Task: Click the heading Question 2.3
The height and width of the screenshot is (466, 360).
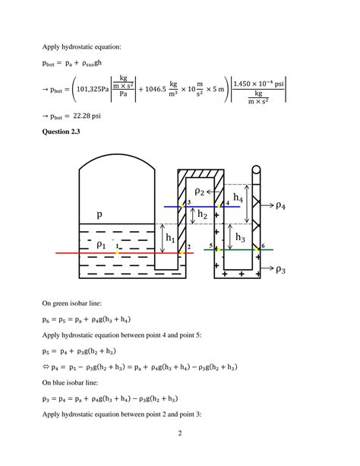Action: pyautogui.click(x=61, y=132)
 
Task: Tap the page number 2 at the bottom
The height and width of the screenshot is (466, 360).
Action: pyautogui.click(x=180, y=433)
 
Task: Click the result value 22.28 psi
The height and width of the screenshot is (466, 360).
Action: pyautogui.click(x=87, y=116)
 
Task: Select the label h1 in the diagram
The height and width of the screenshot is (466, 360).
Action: pyautogui.click(x=170, y=238)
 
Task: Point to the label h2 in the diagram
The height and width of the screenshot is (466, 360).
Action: pyautogui.click(x=202, y=214)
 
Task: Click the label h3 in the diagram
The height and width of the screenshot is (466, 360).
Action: pyautogui.click(x=240, y=237)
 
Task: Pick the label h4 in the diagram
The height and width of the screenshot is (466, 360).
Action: pyautogui.click(x=238, y=198)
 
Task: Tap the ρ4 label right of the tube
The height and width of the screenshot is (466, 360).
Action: pyautogui.click(x=281, y=205)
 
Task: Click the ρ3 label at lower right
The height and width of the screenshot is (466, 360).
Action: pyautogui.click(x=281, y=269)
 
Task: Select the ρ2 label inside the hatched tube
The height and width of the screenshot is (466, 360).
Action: pyautogui.click(x=199, y=192)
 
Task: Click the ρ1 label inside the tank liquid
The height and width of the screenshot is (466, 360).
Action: pyautogui.click(x=101, y=245)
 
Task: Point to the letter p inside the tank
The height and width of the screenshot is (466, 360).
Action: pyautogui.click(x=99, y=214)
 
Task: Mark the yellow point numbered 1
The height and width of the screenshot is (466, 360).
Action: pyautogui.click(x=117, y=252)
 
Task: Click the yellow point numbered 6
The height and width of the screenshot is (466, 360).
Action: pyautogui.click(x=257, y=249)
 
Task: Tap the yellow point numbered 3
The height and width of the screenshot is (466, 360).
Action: pyautogui.click(x=183, y=206)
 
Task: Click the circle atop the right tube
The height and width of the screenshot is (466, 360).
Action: pyautogui.click(x=256, y=170)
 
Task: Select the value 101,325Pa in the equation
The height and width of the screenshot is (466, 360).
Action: pyautogui.click(x=93, y=89)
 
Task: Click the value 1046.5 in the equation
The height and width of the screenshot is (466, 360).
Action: pyautogui.click(x=156, y=89)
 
